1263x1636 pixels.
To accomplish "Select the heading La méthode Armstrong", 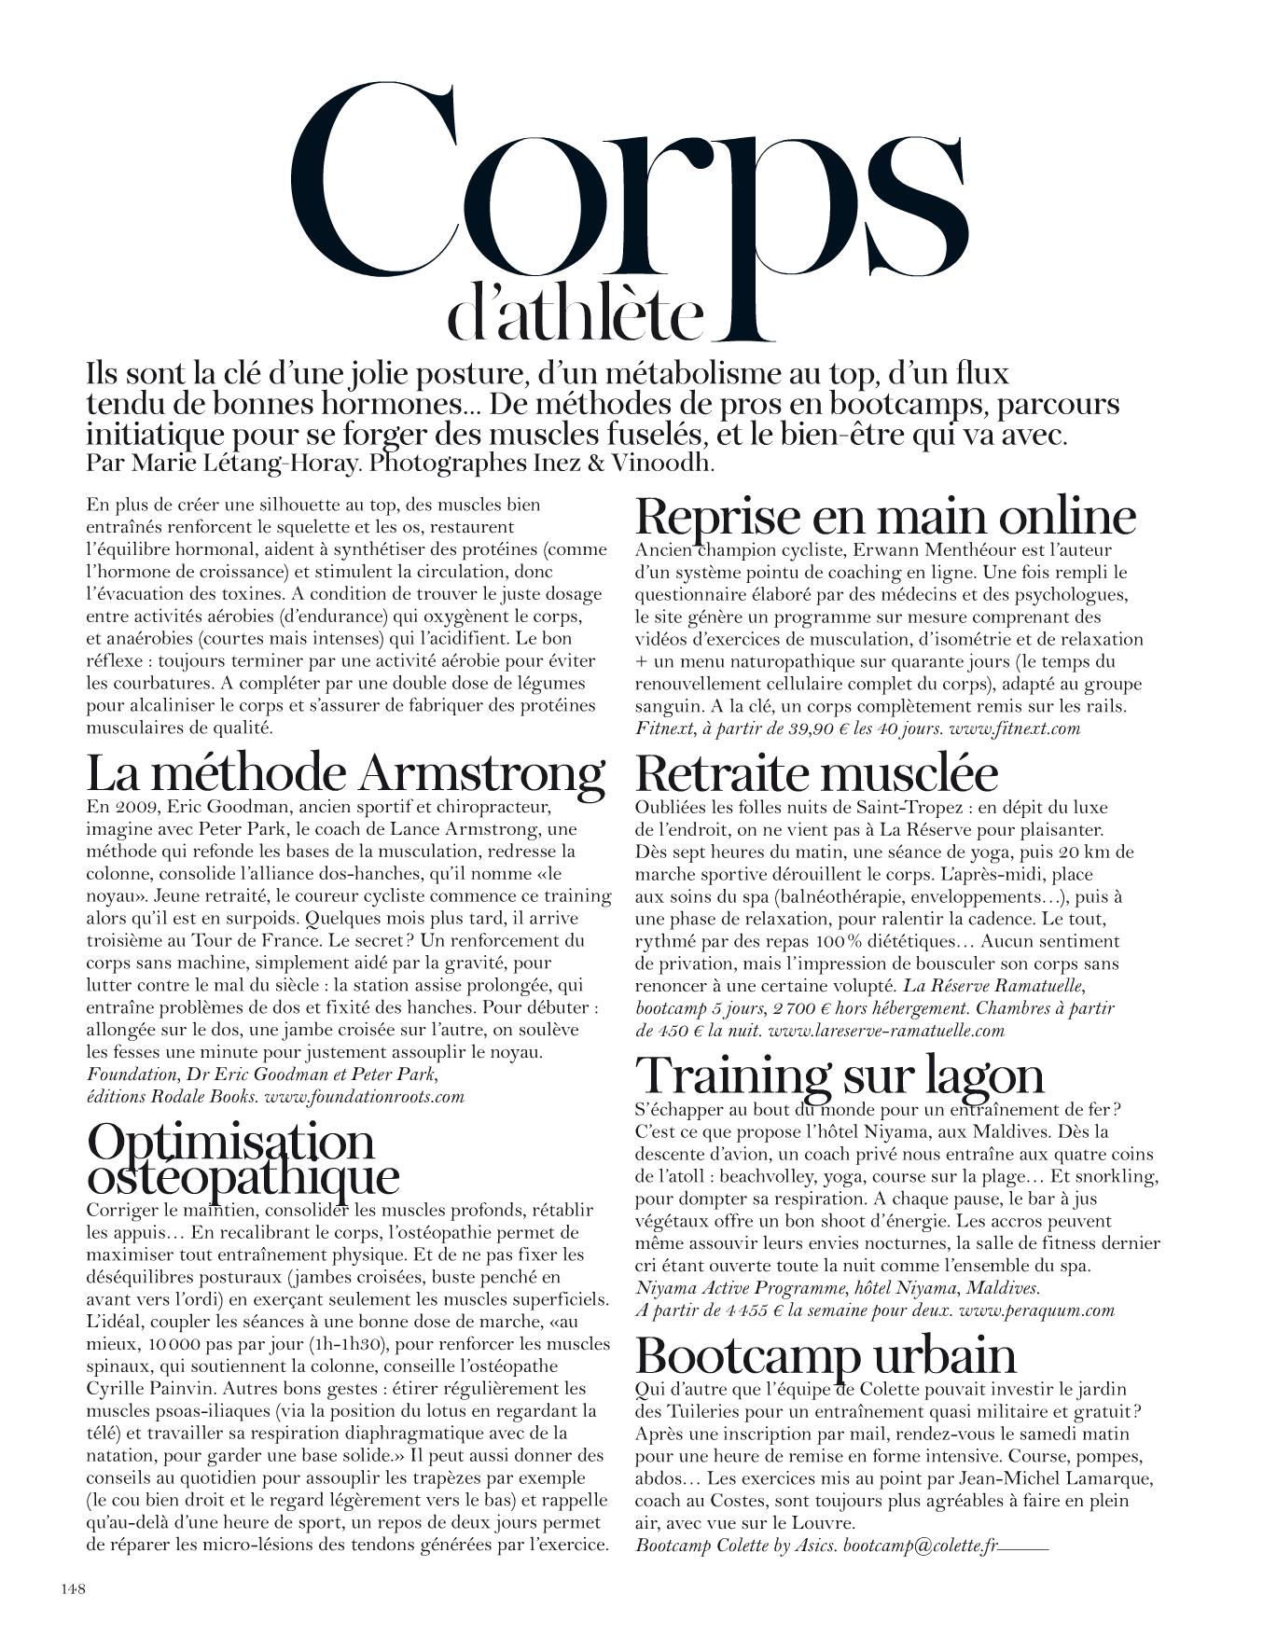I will tap(345, 773).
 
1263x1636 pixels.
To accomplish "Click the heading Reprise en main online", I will tap(885, 516).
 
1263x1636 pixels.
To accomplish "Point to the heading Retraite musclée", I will tap(816, 773).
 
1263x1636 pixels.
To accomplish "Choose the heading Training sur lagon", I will tap(840, 1074).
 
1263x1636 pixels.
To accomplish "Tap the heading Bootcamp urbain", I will tap(826, 1354).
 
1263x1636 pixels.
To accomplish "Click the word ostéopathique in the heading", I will tap(243, 1176).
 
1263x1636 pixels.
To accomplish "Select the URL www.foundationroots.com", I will tap(365, 1097).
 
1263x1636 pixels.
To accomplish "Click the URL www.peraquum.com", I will tap(1035, 1310).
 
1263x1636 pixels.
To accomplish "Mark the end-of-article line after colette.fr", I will tap(1023, 1547).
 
